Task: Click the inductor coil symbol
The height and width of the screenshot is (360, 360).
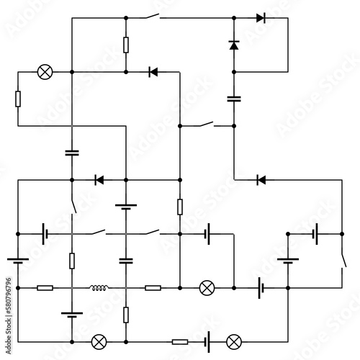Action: (99, 287)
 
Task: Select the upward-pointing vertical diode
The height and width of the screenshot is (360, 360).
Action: (234, 45)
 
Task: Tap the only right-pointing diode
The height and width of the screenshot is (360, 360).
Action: (261, 18)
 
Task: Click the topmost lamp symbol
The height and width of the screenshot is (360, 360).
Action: (45, 72)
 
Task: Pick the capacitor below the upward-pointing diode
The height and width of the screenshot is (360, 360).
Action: (234, 99)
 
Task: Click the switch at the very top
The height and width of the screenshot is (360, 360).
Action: (152, 17)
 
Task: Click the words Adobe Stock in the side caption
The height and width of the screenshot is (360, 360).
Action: (9, 336)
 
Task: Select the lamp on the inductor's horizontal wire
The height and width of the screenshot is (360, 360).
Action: (207, 288)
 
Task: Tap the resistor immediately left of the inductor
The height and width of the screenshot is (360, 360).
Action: (45, 288)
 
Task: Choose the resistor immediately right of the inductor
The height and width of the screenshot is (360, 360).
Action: (153, 288)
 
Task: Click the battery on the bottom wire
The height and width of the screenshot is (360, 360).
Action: (207, 342)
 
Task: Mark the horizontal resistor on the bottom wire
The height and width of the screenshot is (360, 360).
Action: (180, 342)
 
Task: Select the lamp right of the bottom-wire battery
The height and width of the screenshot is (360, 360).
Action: (234, 342)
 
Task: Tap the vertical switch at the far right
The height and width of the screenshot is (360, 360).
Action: (343, 261)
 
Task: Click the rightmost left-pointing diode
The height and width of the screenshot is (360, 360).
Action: (261, 180)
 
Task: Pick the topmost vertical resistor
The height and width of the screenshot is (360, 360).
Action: (126, 45)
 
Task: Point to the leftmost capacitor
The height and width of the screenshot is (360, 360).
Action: (72, 153)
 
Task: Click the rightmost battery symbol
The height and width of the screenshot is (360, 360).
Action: (315, 234)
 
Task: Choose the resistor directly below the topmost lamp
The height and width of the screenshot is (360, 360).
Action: (18, 99)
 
